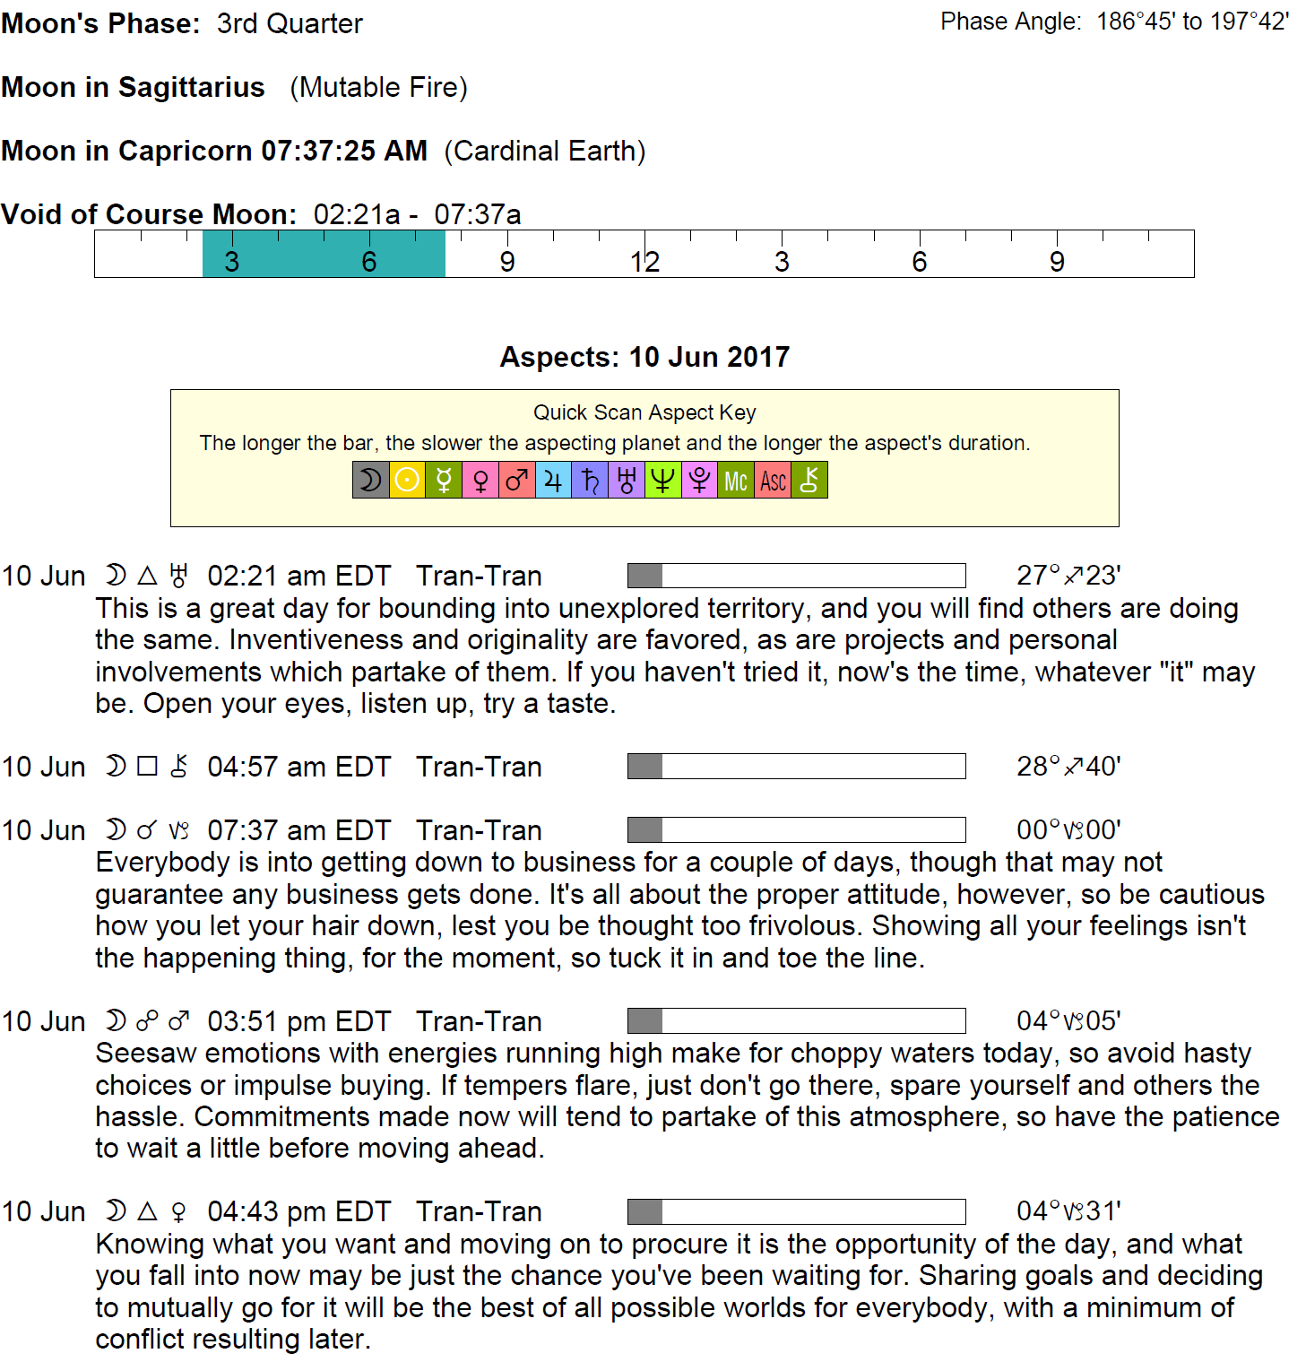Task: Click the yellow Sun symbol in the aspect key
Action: click(x=407, y=481)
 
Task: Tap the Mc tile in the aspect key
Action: click(x=736, y=481)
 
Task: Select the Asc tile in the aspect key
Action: click(x=773, y=481)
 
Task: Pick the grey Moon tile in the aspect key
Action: click(x=370, y=481)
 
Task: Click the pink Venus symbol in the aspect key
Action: click(x=480, y=481)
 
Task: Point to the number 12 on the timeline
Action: click(x=644, y=262)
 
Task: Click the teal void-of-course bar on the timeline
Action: click(x=324, y=254)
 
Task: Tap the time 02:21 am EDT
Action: click(x=299, y=576)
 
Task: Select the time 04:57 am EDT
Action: click(x=299, y=767)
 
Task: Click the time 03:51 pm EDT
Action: click(x=299, y=1021)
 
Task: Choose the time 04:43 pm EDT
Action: click(x=299, y=1211)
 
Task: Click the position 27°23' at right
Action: click(x=1068, y=575)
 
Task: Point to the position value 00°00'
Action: click(x=1068, y=829)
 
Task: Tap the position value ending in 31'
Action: click(x=1068, y=1211)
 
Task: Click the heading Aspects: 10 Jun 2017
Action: click(x=644, y=357)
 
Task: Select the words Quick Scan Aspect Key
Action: click(x=644, y=412)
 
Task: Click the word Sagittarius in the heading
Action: click(x=192, y=87)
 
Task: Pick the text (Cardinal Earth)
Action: click(x=545, y=151)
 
